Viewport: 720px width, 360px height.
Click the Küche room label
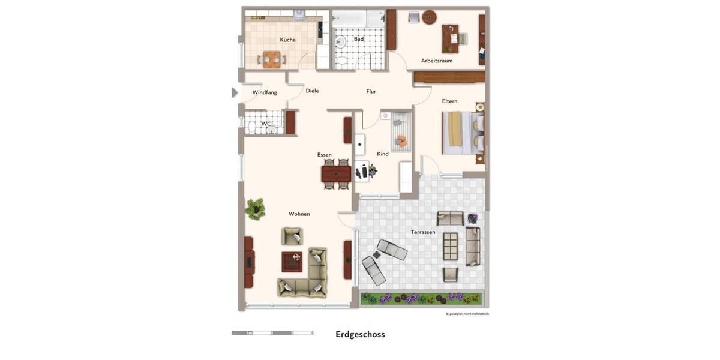pos(287,40)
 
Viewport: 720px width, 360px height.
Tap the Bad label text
pos(358,40)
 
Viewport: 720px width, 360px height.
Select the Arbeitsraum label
pos(437,61)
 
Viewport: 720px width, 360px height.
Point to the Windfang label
pos(265,92)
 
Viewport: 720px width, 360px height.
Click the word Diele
pos(312,91)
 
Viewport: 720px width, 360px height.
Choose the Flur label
pos(371,92)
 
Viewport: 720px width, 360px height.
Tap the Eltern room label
pos(449,101)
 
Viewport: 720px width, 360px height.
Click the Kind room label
pos(383,154)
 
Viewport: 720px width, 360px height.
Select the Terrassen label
pos(423,232)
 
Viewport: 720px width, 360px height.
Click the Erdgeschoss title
pos(360,335)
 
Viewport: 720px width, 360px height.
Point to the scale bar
pos(272,332)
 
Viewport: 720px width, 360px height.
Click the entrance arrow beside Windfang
pos(235,92)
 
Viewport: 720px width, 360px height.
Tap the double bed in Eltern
pos(463,133)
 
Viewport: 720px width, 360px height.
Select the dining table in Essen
pos(336,174)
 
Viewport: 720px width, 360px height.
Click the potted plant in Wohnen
pos(256,208)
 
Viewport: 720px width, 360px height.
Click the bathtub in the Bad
pos(358,18)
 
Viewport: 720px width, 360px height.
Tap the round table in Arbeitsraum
pos(429,17)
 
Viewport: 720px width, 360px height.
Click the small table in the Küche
pos(272,59)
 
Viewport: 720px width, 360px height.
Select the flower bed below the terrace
pos(421,298)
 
